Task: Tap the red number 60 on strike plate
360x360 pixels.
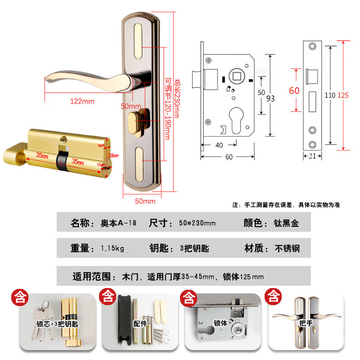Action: pyautogui.click(x=294, y=90)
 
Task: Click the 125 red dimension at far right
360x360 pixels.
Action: pyautogui.click(x=343, y=95)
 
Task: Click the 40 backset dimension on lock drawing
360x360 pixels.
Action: pyautogui.click(x=219, y=145)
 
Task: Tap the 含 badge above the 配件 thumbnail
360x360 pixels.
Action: pyautogui.click(x=108, y=297)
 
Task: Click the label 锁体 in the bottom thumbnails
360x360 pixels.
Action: pyautogui.click(x=220, y=323)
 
